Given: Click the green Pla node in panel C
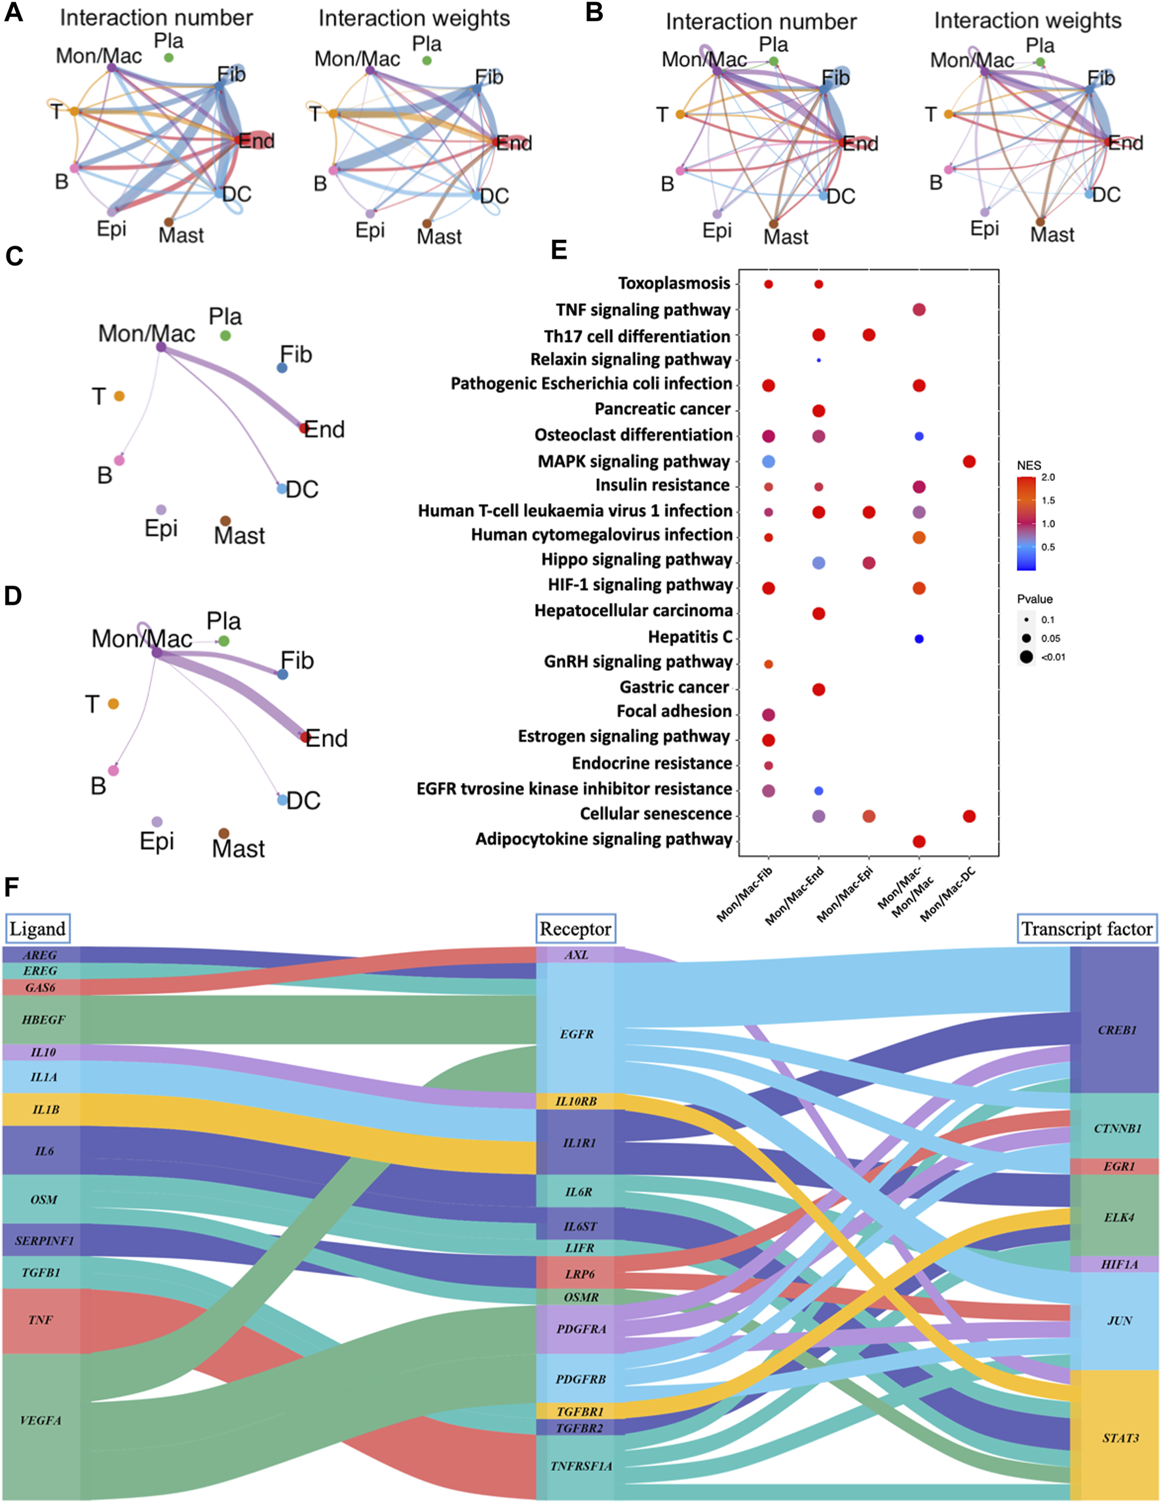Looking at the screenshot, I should pos(225,336).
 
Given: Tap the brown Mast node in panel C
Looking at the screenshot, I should pos(225,521).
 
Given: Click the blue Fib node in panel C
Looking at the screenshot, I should pos(282,368).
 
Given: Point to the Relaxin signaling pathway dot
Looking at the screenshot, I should pos(818,360).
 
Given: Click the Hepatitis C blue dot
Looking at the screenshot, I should pos(919,639).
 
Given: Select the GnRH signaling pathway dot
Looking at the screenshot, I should pos(769,664).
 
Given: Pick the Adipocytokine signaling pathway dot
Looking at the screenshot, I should pos(919,841).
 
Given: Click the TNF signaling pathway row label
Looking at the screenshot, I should pos(643,310).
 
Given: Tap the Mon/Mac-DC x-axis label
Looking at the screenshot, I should pos(948,894).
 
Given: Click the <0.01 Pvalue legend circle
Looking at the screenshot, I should pos(1027,657).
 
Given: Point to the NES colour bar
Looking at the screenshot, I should pos(1026,523).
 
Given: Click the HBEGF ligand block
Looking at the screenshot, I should pos(43,1019).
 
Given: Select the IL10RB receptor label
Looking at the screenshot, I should pos(576,1101).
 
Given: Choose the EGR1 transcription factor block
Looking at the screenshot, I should pos(1118,1166).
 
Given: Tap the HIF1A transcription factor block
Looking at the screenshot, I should pos(1119,1265).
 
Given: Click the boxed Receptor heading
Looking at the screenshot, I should pos(575,929).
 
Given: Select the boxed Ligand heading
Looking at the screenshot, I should pos(38,929).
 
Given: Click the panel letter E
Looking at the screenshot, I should pos(560,249).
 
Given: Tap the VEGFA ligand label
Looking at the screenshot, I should pos(41,1420).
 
